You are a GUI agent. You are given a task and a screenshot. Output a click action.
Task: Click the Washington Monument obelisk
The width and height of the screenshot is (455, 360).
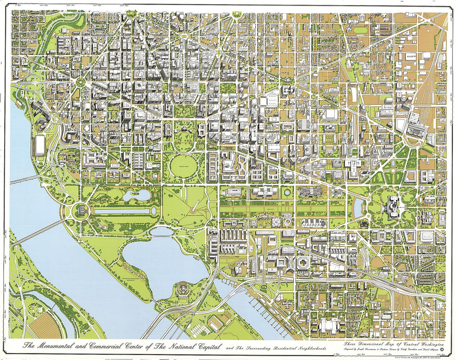pos(196,203)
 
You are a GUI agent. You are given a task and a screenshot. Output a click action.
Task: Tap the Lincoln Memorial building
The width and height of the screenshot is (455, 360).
pos(81,211)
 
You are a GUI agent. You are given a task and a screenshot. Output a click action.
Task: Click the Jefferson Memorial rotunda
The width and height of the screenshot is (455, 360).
pos(182,289)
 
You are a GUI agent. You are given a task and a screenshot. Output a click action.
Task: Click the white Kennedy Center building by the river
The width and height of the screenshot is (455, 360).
pos(40,145)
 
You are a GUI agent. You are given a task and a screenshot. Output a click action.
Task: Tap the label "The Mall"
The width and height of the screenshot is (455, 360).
pos(271,210)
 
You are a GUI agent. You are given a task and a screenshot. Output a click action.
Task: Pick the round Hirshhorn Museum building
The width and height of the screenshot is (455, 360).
pos(287,222)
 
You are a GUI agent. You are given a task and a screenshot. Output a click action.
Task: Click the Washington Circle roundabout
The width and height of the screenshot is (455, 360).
pos(79,81)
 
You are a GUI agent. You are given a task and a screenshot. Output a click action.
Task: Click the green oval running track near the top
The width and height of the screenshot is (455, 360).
pos(360,30)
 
